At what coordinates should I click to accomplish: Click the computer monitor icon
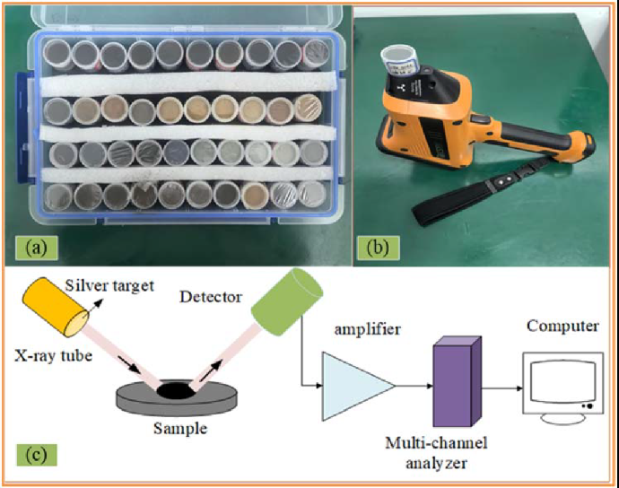click(557, 382)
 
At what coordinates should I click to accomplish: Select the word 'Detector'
click(212, 295)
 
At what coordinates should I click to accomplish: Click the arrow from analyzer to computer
click(502, 388)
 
